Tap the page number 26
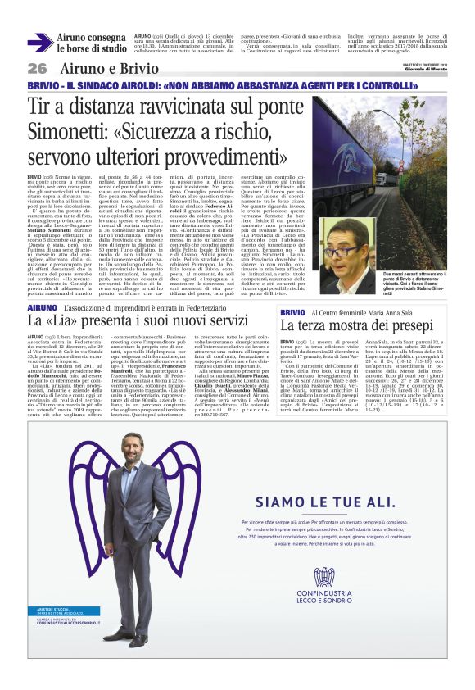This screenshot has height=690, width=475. tap(37, 68)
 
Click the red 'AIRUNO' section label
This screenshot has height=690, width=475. tap(42, 306)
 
